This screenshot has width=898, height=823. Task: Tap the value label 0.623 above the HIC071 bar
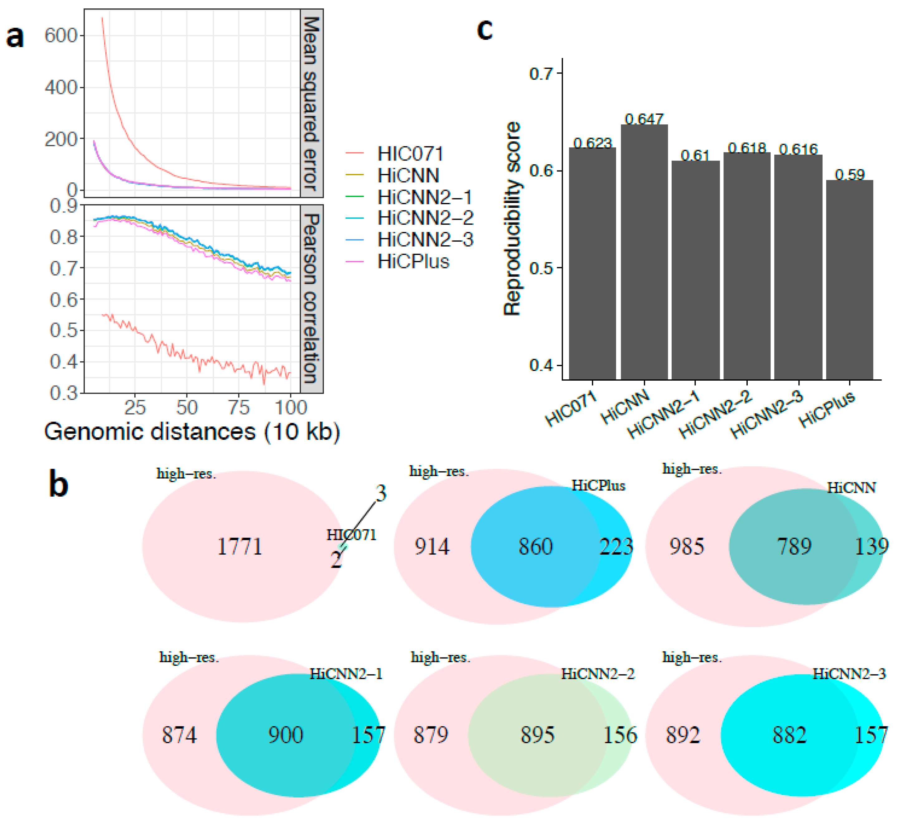(592, 143)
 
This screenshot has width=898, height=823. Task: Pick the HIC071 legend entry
(410, 154)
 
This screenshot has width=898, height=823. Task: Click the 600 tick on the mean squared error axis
(61, 35)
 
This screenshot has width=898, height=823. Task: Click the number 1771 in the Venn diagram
(240, 546)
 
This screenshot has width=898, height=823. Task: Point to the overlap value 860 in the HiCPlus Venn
(535, 546)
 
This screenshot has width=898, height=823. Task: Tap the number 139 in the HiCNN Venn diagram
(871, 546)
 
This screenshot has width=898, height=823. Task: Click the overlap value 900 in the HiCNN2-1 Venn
(286, 735)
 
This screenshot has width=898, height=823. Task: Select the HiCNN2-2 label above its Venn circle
(597, 674)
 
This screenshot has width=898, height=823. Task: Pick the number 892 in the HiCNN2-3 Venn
(683, 735)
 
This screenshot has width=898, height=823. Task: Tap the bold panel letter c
(485, 29)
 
